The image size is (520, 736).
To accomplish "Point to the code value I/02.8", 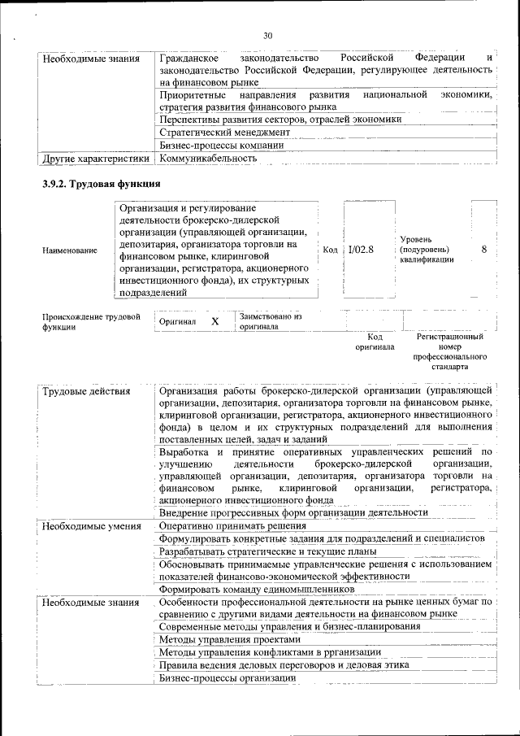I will pyautogui.click(x=361, y=250).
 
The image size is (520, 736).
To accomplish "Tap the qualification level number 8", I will pyautogui.click(x=483, y=250).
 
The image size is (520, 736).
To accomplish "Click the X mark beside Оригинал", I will pyautogui.click(x=215, y=321).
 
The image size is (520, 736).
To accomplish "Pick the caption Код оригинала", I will pyautogui.click(x=375, y=341).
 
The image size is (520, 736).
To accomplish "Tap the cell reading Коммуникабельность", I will pyautogui.click(x=208, y=158).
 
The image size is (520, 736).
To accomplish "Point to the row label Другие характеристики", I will pyautogui.click(x=96, y=158).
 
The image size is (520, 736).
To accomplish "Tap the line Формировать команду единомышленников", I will pyautogui.click(x=256, y=588).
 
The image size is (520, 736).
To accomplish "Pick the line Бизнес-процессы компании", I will pyautogui.click(x=221, y=145).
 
